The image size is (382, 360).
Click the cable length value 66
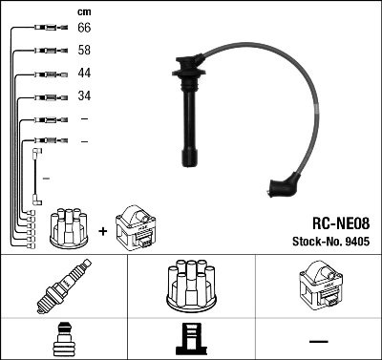[x=83, y=30]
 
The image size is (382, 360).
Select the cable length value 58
[x=83, y=51]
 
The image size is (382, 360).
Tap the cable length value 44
[x=83, y=74]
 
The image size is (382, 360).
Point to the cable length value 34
[x=83, y=96]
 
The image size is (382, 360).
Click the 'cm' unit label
[x=83, y=11]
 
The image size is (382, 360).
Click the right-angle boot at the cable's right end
[x=285, y=184]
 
